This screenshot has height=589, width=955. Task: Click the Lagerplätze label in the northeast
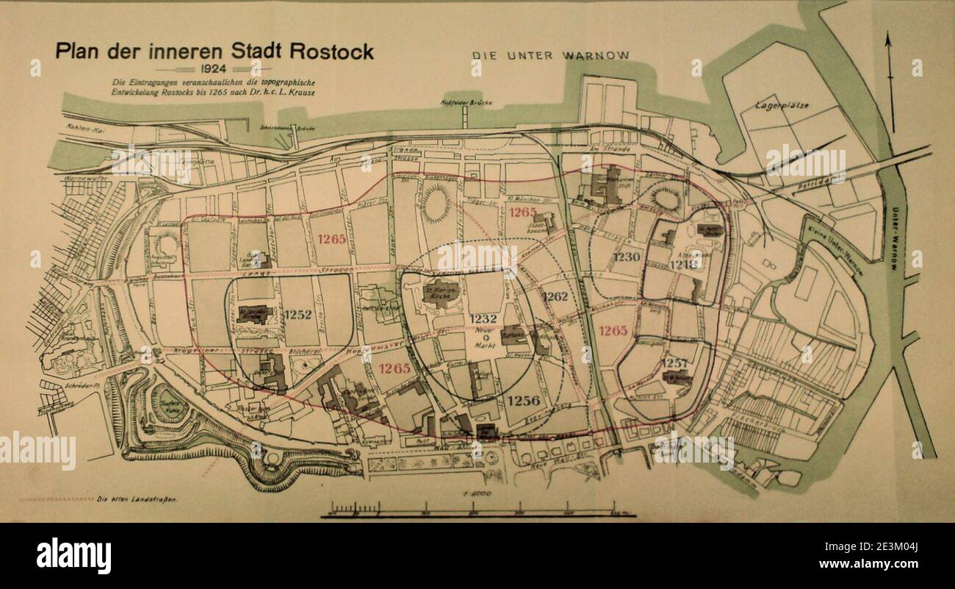782,106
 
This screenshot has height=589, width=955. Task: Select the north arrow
888,81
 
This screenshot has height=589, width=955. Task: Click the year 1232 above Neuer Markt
484,319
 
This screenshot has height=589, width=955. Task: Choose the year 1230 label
627,257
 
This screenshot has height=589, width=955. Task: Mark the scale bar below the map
478,510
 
